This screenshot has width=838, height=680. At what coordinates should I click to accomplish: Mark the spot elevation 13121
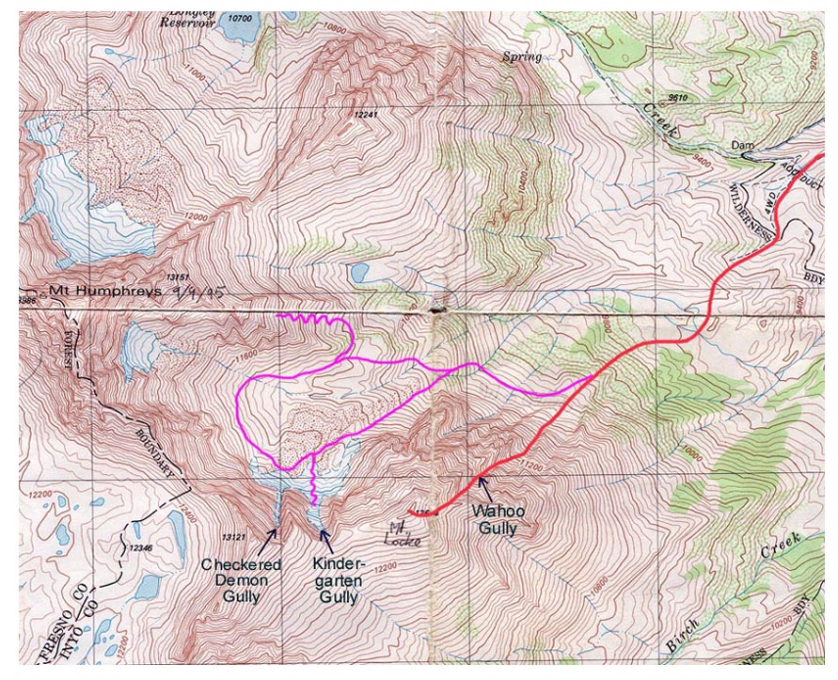(230, 537)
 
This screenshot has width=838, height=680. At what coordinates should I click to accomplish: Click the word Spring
(522, 57)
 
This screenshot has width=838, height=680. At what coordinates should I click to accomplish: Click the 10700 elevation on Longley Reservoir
(243, 18)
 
